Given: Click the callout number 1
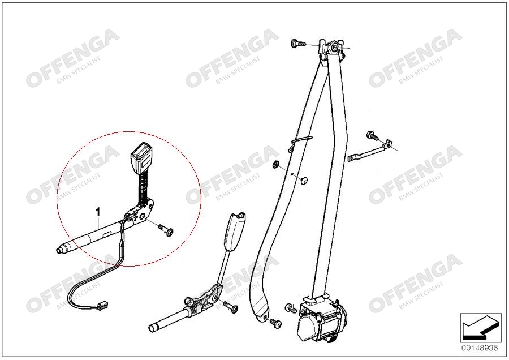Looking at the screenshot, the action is click(97, 212).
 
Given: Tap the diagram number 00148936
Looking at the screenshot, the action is click(480, 348).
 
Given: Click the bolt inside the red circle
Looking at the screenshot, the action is click(166, 230).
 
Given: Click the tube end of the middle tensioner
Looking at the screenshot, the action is click(153, 327).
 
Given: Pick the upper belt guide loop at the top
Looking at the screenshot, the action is click(332, 49).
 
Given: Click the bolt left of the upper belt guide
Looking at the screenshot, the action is click(297, 43).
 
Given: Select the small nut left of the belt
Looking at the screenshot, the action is click(275, 164).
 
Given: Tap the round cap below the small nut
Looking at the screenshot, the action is click(304, 181).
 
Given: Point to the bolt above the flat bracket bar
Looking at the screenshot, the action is click(372, 135).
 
